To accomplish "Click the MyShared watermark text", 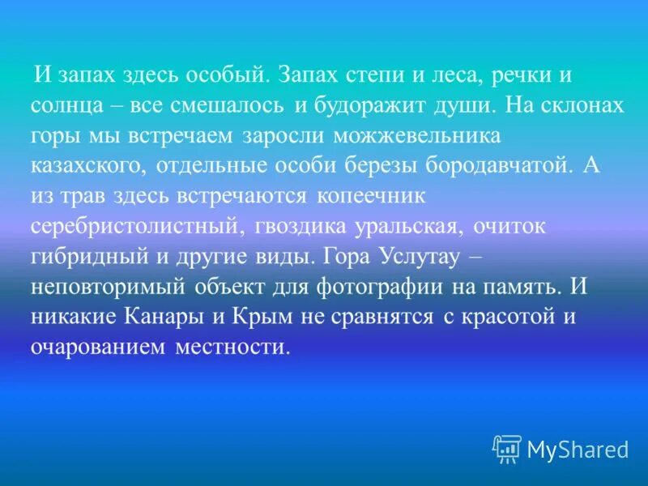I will pyautogui.click(x=577, y=448).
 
